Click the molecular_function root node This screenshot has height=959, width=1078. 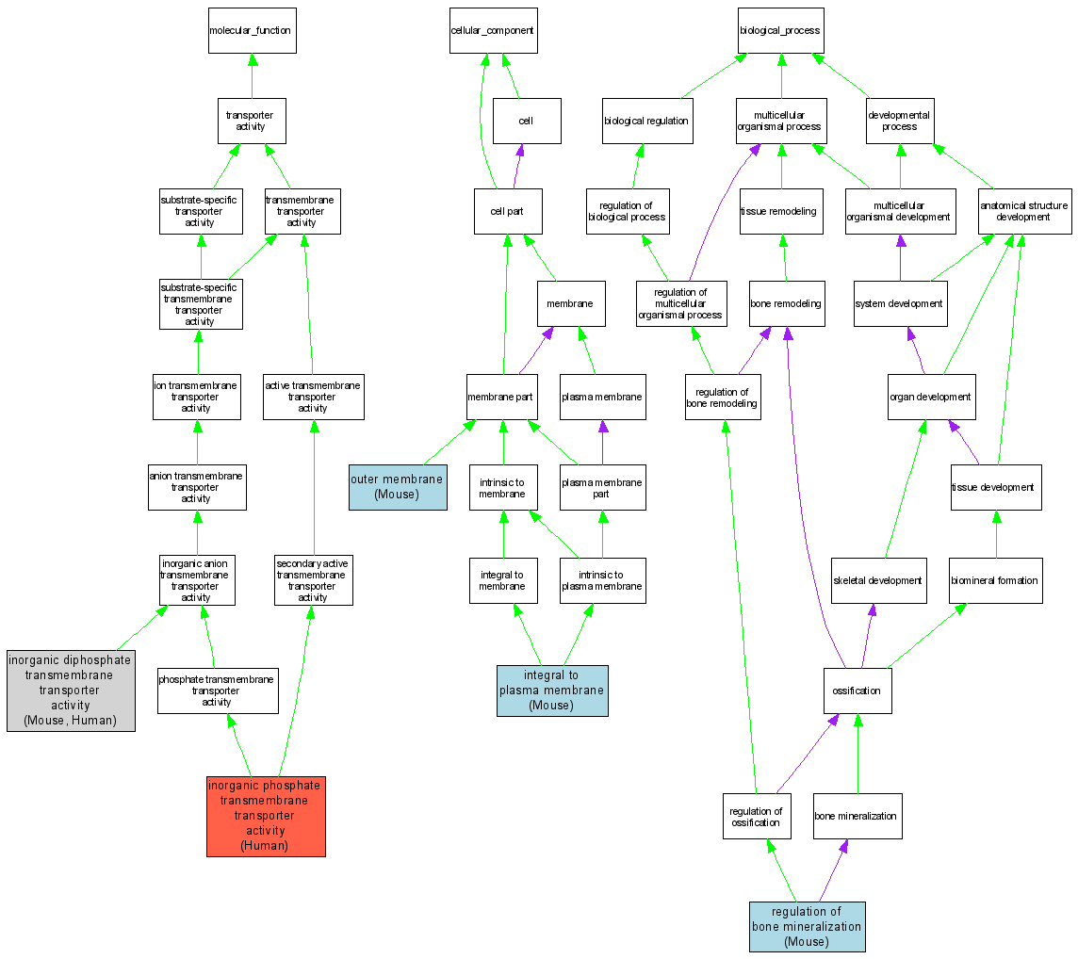[x=252, y=31]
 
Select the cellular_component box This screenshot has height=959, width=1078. [x=491, y=31]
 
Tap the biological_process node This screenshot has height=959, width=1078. [x=780, y=31]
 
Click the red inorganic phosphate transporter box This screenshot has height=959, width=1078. [x=266, y=816]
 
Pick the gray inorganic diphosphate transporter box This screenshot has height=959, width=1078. [x=71, y=691]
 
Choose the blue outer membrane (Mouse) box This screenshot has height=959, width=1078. [x=397, y=487]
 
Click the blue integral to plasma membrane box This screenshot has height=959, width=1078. [x=552, y=691]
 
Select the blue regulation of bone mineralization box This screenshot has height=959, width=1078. [x=807, y=926]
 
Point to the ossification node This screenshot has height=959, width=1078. [x=857, y=691]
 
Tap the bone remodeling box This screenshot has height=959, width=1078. [x=786, y=303]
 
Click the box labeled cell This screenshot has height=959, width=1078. [x=526, y=122]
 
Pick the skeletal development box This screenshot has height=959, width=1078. [x=877, y=580]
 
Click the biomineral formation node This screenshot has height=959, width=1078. [x=994, y=580]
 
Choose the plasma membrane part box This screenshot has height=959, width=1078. [x=601, y=487]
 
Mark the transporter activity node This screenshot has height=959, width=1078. [x=251, y=122]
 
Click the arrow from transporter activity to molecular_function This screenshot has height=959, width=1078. [x=252, y=75]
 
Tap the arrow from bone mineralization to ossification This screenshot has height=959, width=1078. [x=857, y=754]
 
